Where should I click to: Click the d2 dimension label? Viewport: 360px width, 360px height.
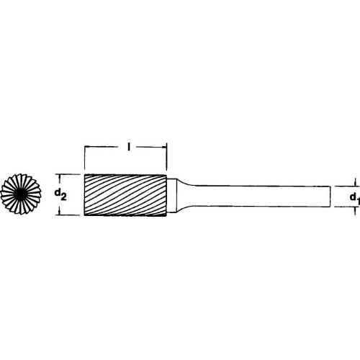tap(60, 195)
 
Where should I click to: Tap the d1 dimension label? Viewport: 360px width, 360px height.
tap(355, 199)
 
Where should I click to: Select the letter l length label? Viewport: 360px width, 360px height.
tap(129, 147)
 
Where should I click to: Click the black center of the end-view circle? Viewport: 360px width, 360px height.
tap(21, 194)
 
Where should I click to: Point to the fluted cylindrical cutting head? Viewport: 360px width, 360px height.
tap(125, 195)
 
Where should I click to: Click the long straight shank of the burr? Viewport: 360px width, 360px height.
tap(261, 196)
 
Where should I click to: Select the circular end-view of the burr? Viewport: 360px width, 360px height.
tap(21, 194)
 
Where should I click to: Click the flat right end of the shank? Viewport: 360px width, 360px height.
tap(330, 196)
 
